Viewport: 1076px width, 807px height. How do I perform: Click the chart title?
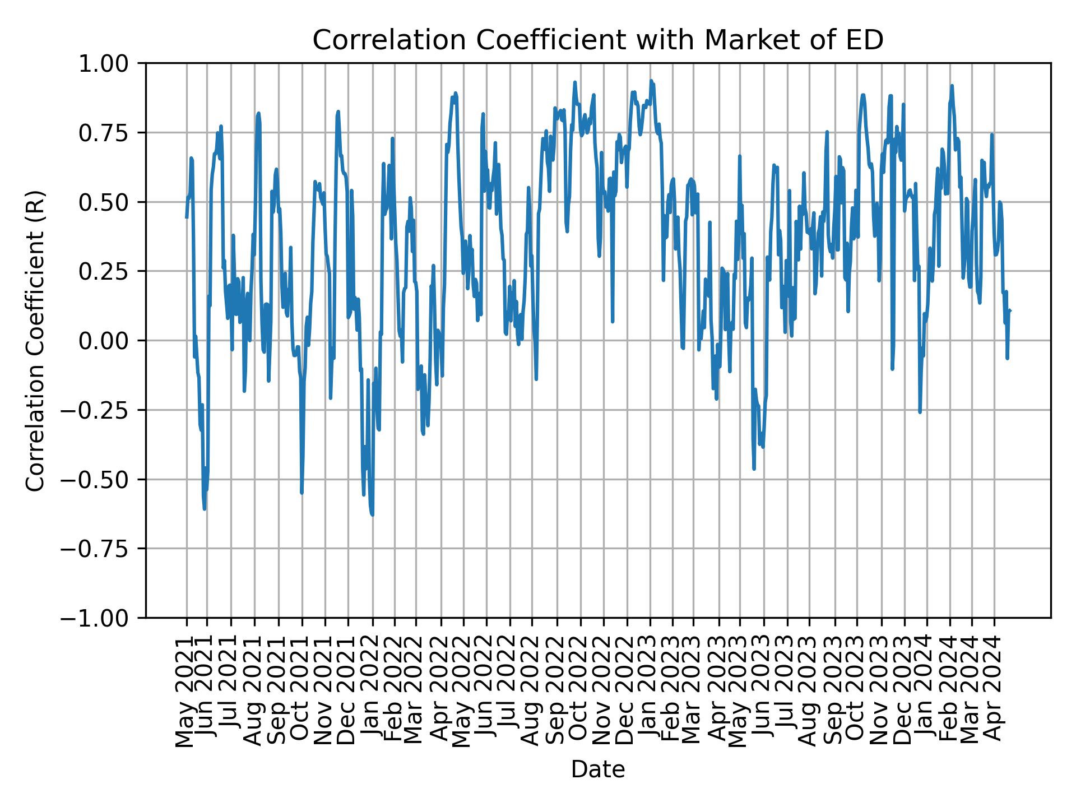click(597, 40)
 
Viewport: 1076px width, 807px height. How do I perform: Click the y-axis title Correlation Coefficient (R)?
click(35, 340)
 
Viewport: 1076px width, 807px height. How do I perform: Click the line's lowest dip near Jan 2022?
click(372, 514)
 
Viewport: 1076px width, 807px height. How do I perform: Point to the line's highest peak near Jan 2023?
click(651, 81)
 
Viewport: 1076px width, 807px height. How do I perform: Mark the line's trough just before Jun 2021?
click(205, 509)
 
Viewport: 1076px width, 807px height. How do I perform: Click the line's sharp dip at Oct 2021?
click(302, 493)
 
